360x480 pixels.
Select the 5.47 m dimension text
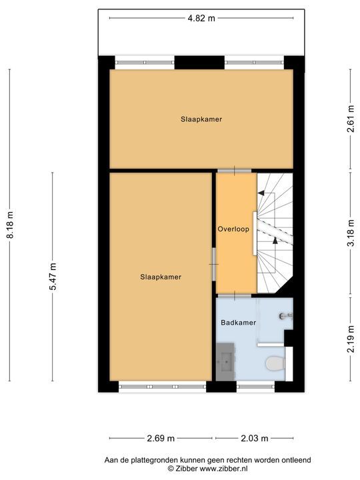tap(53, 276)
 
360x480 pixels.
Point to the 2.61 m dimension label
tap(350, 120)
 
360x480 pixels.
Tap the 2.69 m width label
tap(161, 438)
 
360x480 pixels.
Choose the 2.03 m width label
tap(254, 438)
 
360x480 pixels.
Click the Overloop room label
tap(233, 229)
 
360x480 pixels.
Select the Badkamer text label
tap(238, 323)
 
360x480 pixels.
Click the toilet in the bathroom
tap(274, 363)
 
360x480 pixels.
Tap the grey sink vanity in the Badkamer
tap(225, 363)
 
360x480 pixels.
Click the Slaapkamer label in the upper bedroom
tap(201, 119)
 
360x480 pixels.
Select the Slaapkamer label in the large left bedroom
tap(160, 277)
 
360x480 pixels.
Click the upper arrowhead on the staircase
tap(262, 193)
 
